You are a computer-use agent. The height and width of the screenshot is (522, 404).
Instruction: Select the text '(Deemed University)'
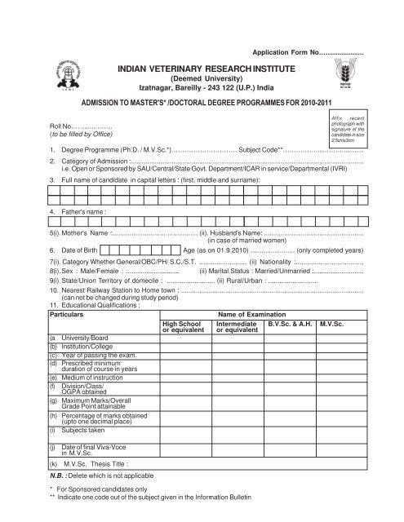(204, 72)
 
